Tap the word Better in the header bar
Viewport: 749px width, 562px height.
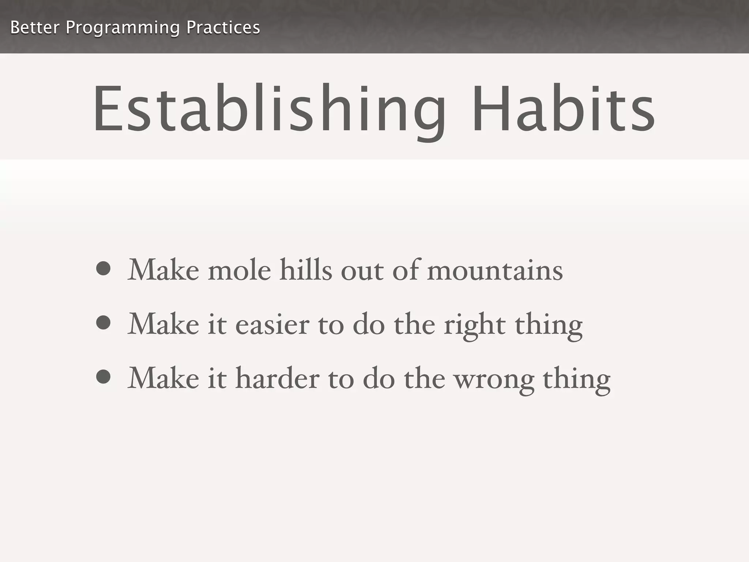pos(35,27)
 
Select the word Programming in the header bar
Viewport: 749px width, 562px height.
pos(123,28)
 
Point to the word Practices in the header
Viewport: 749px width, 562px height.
pos(223,27)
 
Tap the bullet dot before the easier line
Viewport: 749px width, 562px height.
pos(103,323)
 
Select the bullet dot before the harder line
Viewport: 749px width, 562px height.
pos(103,377)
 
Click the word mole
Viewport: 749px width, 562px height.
pos(240,271)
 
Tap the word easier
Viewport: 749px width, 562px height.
pos(272,325)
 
